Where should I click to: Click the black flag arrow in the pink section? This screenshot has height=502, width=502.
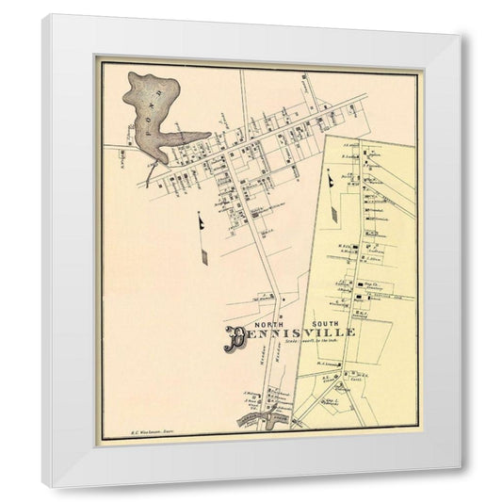(x=202, y=222)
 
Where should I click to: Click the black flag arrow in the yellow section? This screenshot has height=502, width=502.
(x=331, y=178)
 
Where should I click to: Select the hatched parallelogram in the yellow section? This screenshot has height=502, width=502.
(x=335, y=212)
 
